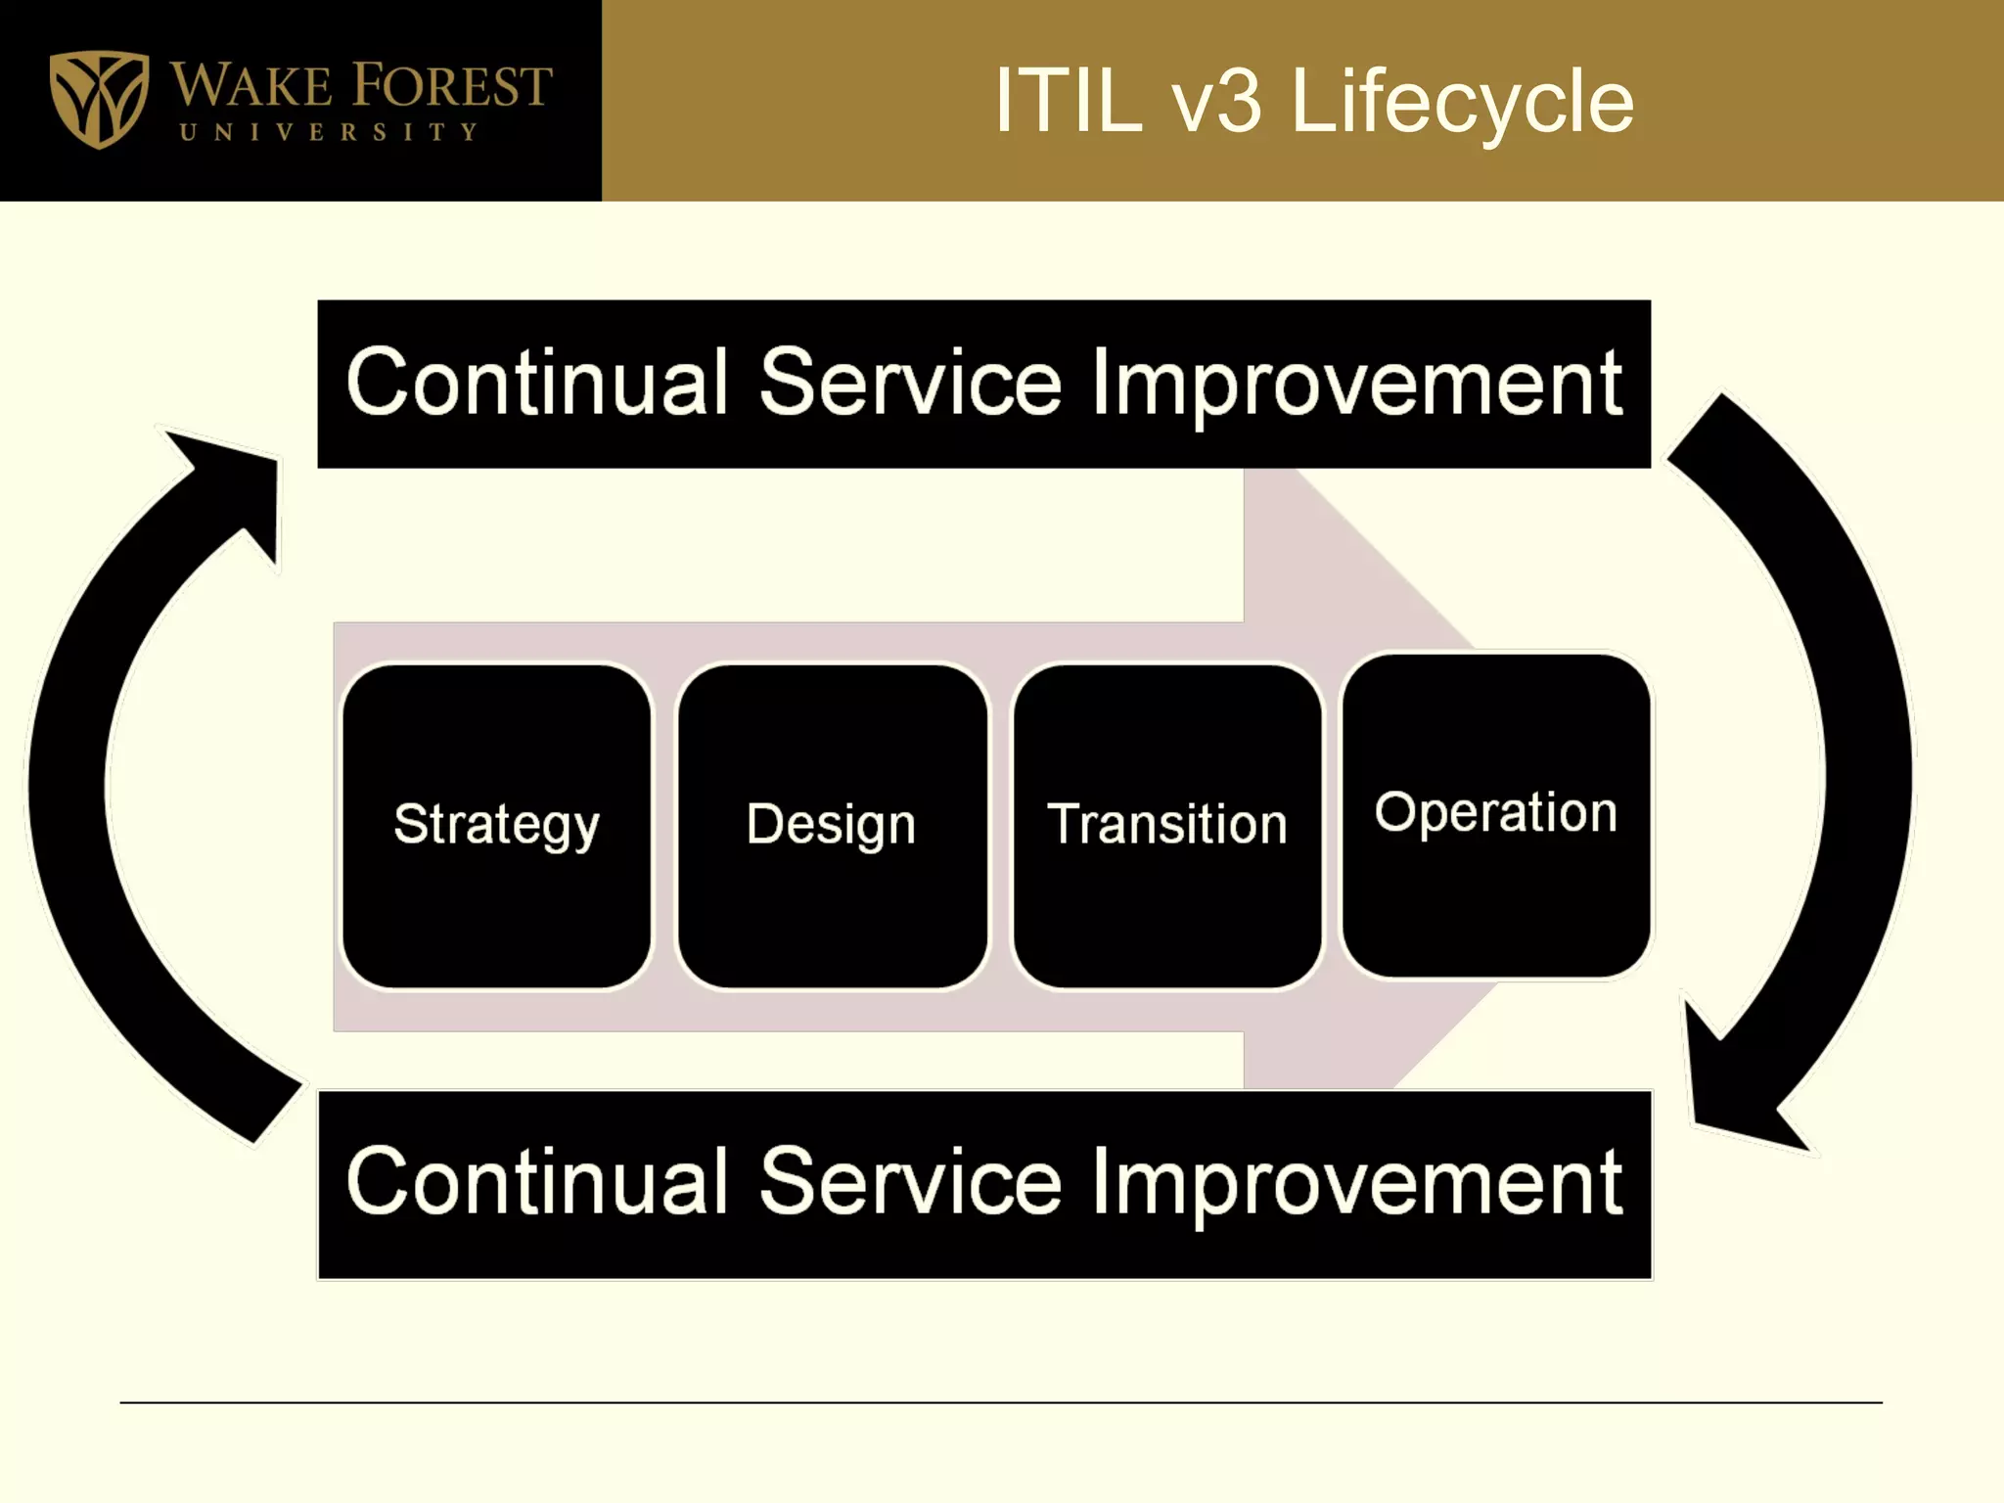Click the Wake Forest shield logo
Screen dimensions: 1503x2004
[x=99, y=99]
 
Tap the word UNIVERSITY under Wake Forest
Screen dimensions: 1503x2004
[x=330, y=132]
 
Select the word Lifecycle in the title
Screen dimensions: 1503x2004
[x=1462, y=103]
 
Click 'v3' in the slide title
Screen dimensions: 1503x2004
[x=1217, y=102]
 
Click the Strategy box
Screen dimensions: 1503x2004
[x=496, y=825]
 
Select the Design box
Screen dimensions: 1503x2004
[x=832, y=825]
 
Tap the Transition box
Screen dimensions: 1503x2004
[x=1166, y=825]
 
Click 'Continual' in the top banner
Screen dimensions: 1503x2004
[x=537, y=384]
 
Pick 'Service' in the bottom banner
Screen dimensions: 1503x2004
[x=909, y=1183]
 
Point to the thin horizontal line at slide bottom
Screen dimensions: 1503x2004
[x=1000, y=1402]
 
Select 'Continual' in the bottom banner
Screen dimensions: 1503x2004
[x=537, y=1183]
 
